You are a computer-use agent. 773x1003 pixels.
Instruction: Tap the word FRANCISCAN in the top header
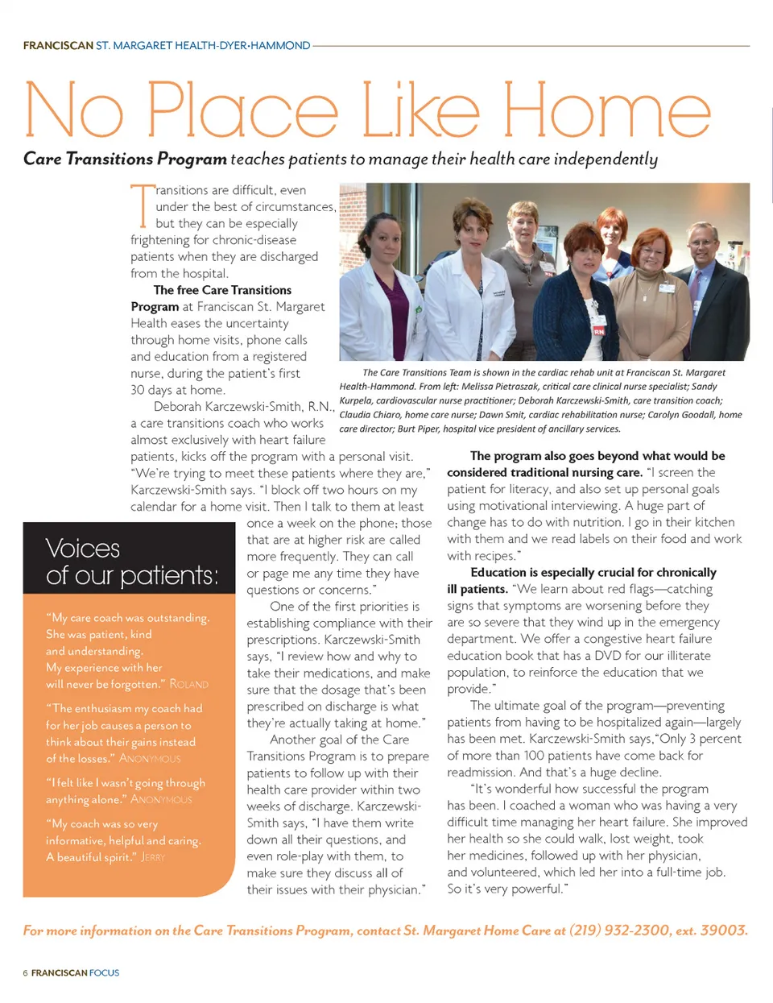pyautogui.click(x=58, y=46)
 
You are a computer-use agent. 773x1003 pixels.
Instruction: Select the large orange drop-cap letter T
pyautogui.click(x=142, y=205)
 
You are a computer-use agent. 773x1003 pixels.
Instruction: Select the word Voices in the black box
pyautogui.click(x=83, y=549)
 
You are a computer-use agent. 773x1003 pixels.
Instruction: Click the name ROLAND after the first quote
pyautogui.click(x=189, y=685)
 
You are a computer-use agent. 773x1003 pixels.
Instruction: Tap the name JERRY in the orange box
pyautogui.click(x=153, y=857)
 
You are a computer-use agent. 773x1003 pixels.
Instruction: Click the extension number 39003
pyautogui.click(x=723, y=930)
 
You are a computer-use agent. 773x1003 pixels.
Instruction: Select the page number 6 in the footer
pyautogui.click(x=25, y=973)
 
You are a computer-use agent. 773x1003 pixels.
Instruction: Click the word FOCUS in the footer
pyautogui.click(x=104, y=973)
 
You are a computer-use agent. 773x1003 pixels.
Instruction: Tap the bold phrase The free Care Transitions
pyautogui.click(x=222, y=290)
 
